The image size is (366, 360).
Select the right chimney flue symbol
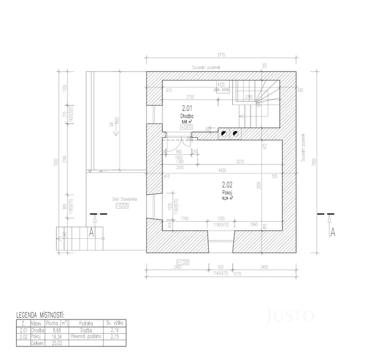[235, 134]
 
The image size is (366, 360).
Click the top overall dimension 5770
[221, 55]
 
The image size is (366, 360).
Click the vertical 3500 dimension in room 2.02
[259, 186]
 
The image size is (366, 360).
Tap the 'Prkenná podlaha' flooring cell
[86, 337]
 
